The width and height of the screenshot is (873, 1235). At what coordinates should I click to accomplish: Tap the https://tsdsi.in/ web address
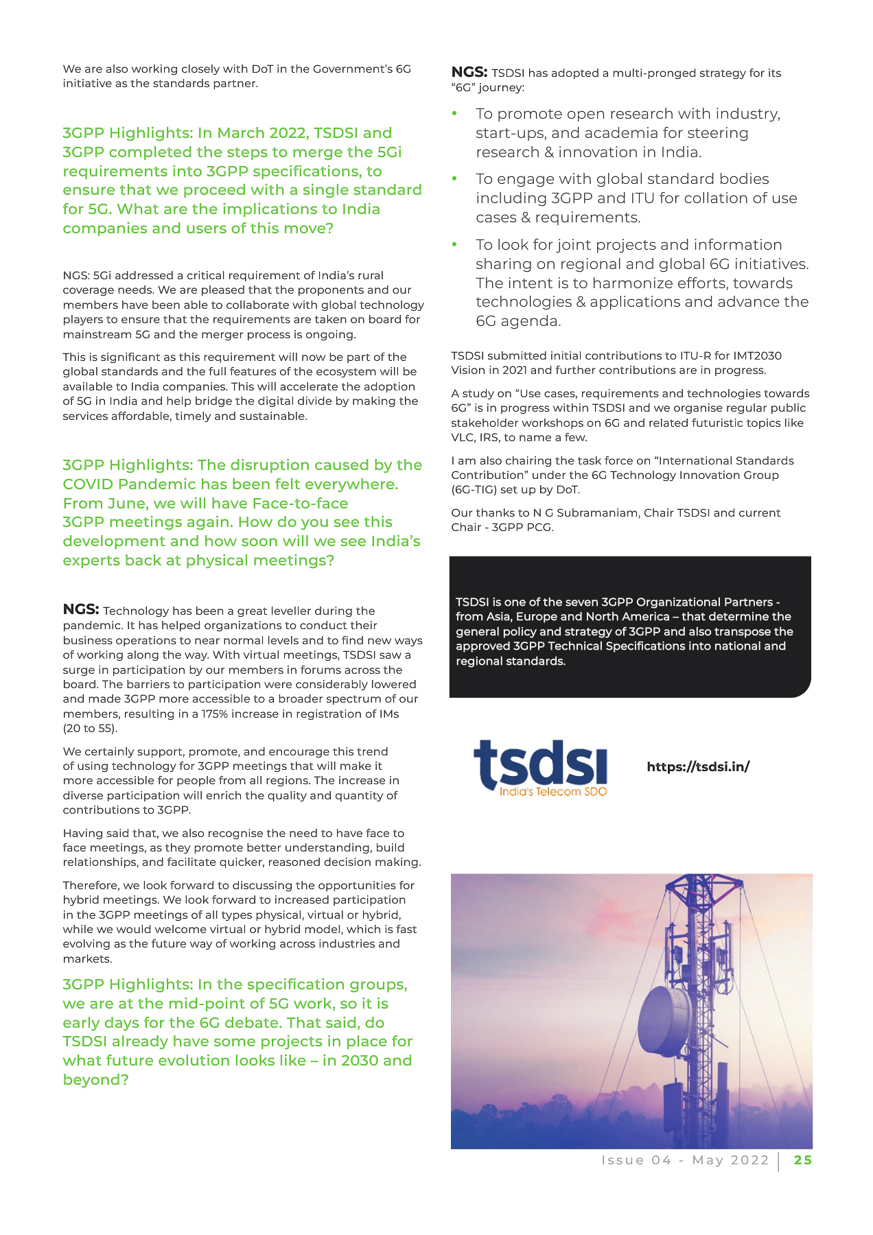pos(698,767)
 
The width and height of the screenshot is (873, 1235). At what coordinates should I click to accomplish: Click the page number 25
pos(803,1160)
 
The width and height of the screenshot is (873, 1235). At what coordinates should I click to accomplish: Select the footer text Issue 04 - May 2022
pos(685,1160)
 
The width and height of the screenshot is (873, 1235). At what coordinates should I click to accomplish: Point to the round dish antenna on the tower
pos(664,1020)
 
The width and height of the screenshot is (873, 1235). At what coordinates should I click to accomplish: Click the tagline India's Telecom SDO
pos(553,791)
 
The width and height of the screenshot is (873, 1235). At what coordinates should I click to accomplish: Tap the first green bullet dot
pos(454,113)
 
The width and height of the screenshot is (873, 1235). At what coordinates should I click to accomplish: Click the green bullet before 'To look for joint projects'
pos(454,244)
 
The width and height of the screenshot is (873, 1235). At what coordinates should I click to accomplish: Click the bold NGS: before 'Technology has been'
pos(81,609)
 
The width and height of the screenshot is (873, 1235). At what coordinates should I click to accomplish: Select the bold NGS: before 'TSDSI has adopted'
pos(469,72)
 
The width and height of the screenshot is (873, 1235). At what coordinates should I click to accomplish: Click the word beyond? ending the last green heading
pos(95,1080)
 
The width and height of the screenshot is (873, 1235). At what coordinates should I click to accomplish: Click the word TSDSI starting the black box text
pos(472,602)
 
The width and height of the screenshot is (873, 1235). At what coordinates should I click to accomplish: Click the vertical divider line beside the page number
pos(779,1161)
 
